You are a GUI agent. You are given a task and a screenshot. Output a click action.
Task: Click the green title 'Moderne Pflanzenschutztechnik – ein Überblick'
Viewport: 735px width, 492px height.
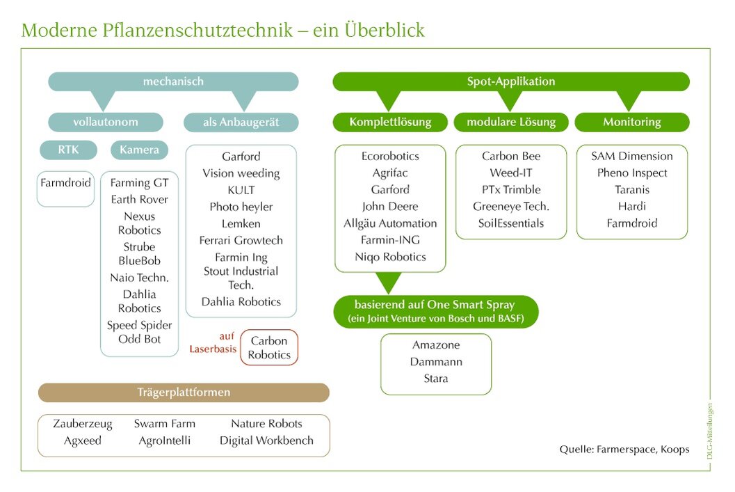tap(223, 30)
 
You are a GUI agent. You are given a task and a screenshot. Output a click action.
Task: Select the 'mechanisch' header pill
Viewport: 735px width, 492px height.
tap(173, 81)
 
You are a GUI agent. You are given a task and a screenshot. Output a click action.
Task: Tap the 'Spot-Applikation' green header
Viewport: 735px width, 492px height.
tap(510, 81)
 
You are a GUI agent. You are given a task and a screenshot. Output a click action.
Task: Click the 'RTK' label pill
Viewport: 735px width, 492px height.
tap(67, 150)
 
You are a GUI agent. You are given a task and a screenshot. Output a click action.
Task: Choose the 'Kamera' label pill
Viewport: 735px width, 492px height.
tap(139, 150)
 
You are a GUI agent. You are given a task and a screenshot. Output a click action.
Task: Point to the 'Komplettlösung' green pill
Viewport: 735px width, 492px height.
tap(390, 122)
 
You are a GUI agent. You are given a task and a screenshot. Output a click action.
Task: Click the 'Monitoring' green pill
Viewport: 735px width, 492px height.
tap(631, 122)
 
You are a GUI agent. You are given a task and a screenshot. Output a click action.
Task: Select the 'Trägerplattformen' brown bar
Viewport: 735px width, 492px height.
tap(184, 392)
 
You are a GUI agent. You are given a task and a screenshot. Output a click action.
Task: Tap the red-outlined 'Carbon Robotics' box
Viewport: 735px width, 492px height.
tap(269, 348)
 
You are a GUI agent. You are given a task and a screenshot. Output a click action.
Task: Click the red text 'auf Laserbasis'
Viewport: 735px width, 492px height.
tap(213, 342)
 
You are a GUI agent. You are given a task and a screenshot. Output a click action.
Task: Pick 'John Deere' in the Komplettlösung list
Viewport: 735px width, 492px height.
tap(390, 207)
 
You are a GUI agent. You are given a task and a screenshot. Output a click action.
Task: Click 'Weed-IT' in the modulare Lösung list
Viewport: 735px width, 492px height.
tap(510, 173)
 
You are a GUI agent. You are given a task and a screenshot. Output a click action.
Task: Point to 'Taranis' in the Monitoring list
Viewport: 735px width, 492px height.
tap(631, 190)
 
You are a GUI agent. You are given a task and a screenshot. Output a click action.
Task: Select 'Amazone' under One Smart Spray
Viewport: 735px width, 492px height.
tap(436, 345)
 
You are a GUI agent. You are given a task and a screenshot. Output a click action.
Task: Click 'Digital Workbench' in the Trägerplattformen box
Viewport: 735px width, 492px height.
tap(266, 441)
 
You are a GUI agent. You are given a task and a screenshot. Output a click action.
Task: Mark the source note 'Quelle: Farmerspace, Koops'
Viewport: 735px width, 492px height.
tap(624, 450)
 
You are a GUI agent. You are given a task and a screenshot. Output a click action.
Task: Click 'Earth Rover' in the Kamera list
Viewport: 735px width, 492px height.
tap(139, 200)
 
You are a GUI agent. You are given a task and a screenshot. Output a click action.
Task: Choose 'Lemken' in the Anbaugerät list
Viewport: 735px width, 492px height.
tap(241, 223)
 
